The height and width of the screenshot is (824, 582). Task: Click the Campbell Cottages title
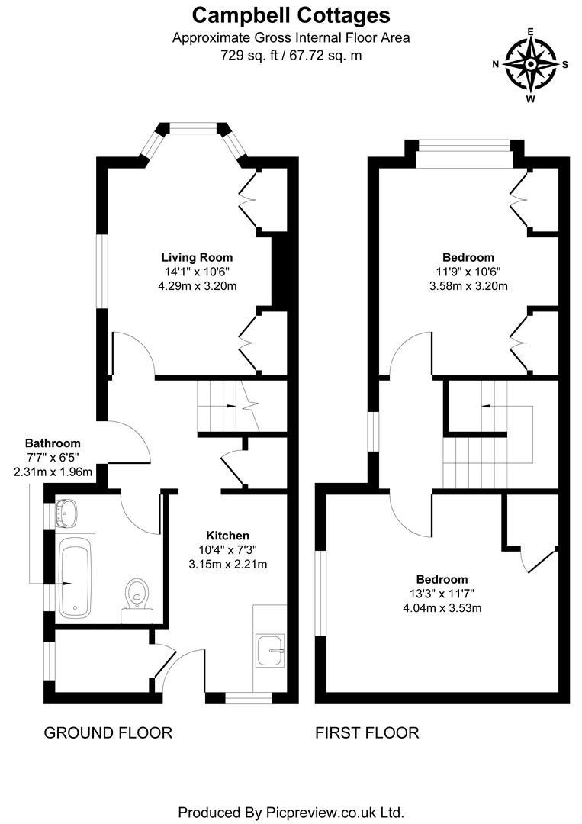(291, 14)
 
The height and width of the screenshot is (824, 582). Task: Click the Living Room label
(197, 257)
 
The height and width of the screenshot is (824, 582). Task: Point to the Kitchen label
(228, 536)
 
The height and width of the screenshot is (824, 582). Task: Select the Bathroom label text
(53, 443)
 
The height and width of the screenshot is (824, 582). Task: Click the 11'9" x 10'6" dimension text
(468, 272)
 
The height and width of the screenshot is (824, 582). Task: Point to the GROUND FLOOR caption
(108, 733)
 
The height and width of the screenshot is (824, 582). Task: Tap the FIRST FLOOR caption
(367, 733)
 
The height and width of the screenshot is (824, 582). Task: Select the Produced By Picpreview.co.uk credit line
(291, 811)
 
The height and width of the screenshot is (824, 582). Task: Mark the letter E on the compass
(530, 33)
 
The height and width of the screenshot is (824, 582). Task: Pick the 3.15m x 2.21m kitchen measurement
(228, 565)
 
